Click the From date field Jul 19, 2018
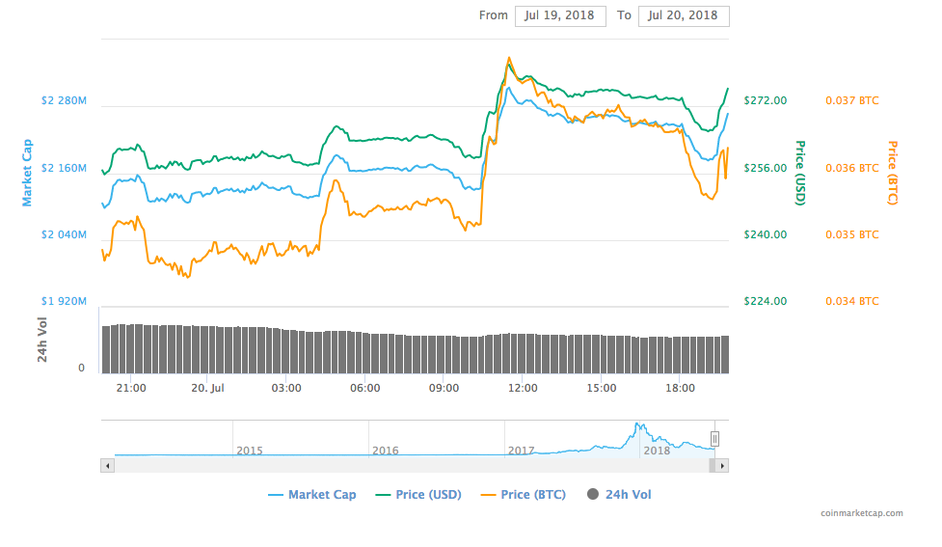[x=560, y=15]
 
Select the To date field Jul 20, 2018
[x=684, y=15]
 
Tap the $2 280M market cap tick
[x=64, y=100]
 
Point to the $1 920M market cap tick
[x=64, y=301]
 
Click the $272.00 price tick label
[x=766, y=100]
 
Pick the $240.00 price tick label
[x=766, y=234]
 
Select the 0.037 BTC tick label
[x=852, y=100]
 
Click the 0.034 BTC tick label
[x=852, y=301]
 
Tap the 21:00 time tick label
[x=130, y=388]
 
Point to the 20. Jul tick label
[x=209, y=388]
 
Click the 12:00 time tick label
[x=523, y=388]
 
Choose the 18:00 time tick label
[x=680, y=388]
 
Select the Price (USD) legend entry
[x=418, y=495]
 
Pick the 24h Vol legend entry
[x=618, y=495]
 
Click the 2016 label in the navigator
[x=386, y=451]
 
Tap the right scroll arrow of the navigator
[x=722, y=465]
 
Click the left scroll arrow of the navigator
[x=107, y=465]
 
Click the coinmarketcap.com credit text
[x=861, y=513]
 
